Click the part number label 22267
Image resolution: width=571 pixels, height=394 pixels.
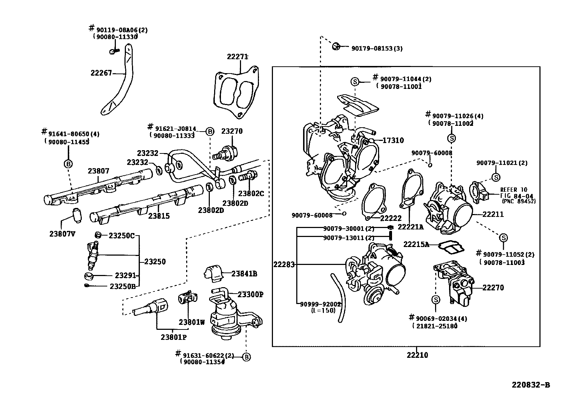point(101,73)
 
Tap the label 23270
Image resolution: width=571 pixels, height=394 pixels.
point(232,131)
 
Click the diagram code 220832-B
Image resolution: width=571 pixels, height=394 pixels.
point(530,385)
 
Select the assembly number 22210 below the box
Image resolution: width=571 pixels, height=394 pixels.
point(417,355)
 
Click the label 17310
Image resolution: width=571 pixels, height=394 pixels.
point(393,141)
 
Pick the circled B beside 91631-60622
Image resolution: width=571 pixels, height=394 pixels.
point(246,357)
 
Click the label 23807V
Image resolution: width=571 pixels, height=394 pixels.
point(62,234)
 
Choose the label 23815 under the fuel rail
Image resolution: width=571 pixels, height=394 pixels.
point(159,216)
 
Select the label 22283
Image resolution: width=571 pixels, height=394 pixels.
point(284,265)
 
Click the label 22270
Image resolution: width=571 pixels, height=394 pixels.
point(493,288)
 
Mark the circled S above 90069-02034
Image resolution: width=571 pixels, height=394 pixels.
point(435,300)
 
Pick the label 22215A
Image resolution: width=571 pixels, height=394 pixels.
point(416,245)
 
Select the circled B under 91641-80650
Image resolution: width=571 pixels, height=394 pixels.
point(68,164)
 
